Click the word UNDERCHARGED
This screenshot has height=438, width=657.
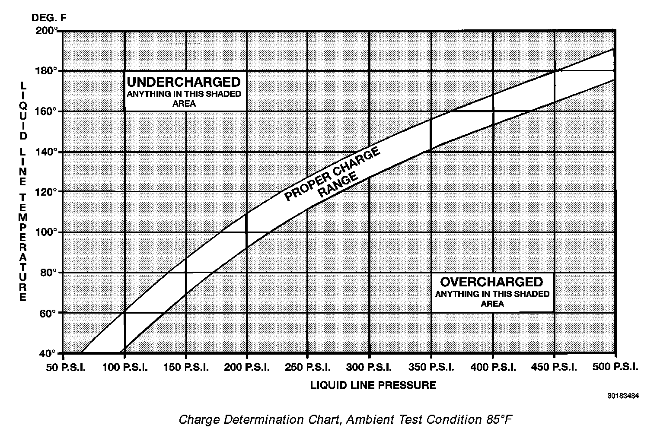183,82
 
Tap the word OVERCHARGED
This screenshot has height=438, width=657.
491,282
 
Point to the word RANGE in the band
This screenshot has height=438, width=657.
338,185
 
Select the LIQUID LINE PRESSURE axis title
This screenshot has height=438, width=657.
373,385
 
